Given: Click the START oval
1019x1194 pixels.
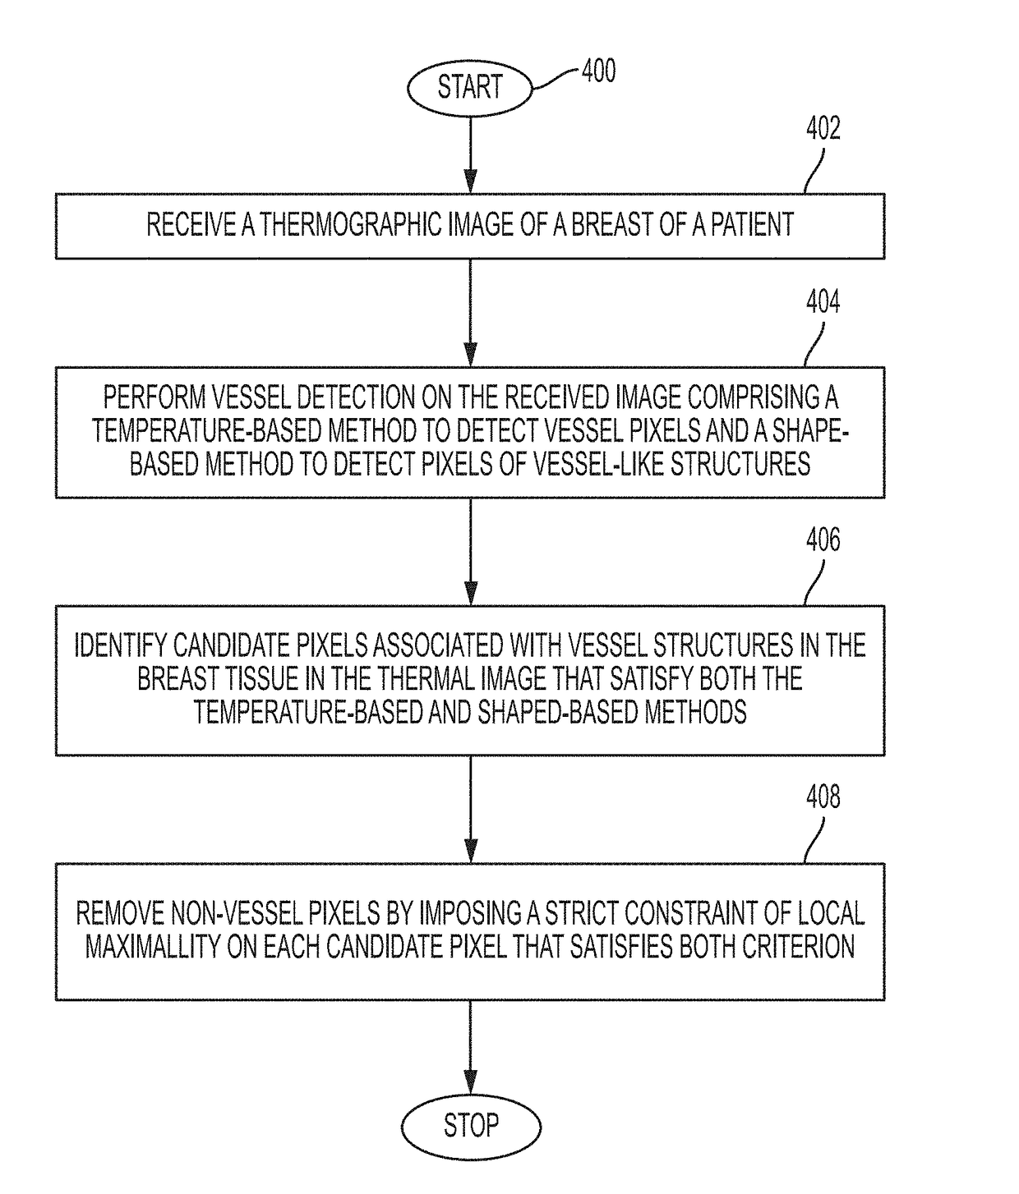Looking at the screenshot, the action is [470, 88].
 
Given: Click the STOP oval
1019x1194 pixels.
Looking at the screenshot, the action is [471, 1126].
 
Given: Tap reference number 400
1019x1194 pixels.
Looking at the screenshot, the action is [599, 71].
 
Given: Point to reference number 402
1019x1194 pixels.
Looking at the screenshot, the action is [823, 128].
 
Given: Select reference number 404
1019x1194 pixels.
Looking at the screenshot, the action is [823, 301].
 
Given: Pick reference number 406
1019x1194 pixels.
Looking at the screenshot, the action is [823, 540].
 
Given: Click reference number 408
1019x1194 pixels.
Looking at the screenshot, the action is [823, 797].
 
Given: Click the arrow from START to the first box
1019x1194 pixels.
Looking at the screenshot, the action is [471, 155].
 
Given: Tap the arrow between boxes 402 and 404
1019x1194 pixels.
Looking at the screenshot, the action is [471, 313].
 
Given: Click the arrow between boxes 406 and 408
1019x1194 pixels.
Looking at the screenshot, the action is [471, 810].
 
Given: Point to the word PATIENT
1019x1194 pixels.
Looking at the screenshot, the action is [752, 225].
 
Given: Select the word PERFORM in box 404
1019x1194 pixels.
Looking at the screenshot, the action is [154, 397].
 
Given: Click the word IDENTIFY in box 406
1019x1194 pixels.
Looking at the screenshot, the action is [121, 645].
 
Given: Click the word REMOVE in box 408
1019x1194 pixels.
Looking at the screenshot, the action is [120, 913].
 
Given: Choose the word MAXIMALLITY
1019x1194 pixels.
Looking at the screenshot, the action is [153, 947].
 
